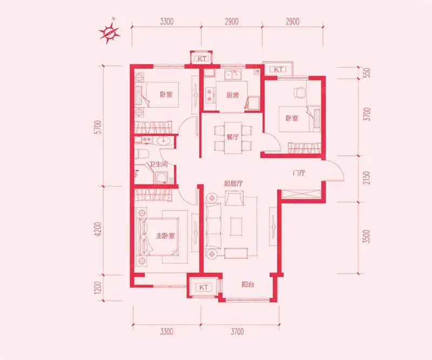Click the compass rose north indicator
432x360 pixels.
[110, 32]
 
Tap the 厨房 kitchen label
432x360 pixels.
[232, 96]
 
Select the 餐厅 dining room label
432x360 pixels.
[232, 137]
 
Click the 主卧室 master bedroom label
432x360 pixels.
[165, 236]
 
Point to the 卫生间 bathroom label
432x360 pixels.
[158, 164]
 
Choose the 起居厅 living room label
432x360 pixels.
[233, 183]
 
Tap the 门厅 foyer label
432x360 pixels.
[299, 173]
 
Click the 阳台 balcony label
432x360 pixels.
[248, 284]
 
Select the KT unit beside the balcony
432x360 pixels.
[204, 288]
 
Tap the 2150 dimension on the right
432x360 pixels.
[367, 178]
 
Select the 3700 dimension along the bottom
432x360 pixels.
[237, 331]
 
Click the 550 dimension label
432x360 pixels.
[367, 73]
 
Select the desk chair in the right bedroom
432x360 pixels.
[300, 92]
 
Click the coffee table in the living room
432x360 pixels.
[236, 226]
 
